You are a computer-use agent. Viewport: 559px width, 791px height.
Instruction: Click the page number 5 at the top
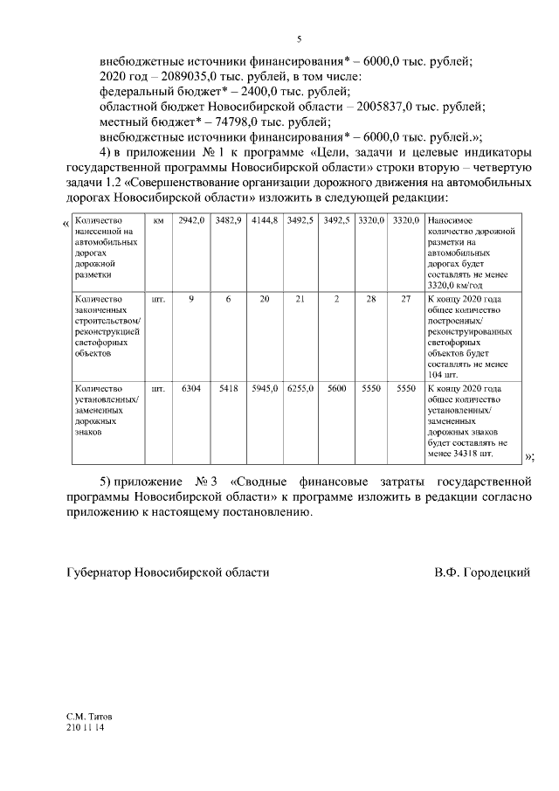(299, 39)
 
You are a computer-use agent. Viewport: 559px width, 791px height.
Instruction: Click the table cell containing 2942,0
(190, 222)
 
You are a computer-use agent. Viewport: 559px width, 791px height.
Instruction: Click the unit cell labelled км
(158, 222)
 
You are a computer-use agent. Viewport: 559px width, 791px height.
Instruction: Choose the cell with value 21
(300, 299)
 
